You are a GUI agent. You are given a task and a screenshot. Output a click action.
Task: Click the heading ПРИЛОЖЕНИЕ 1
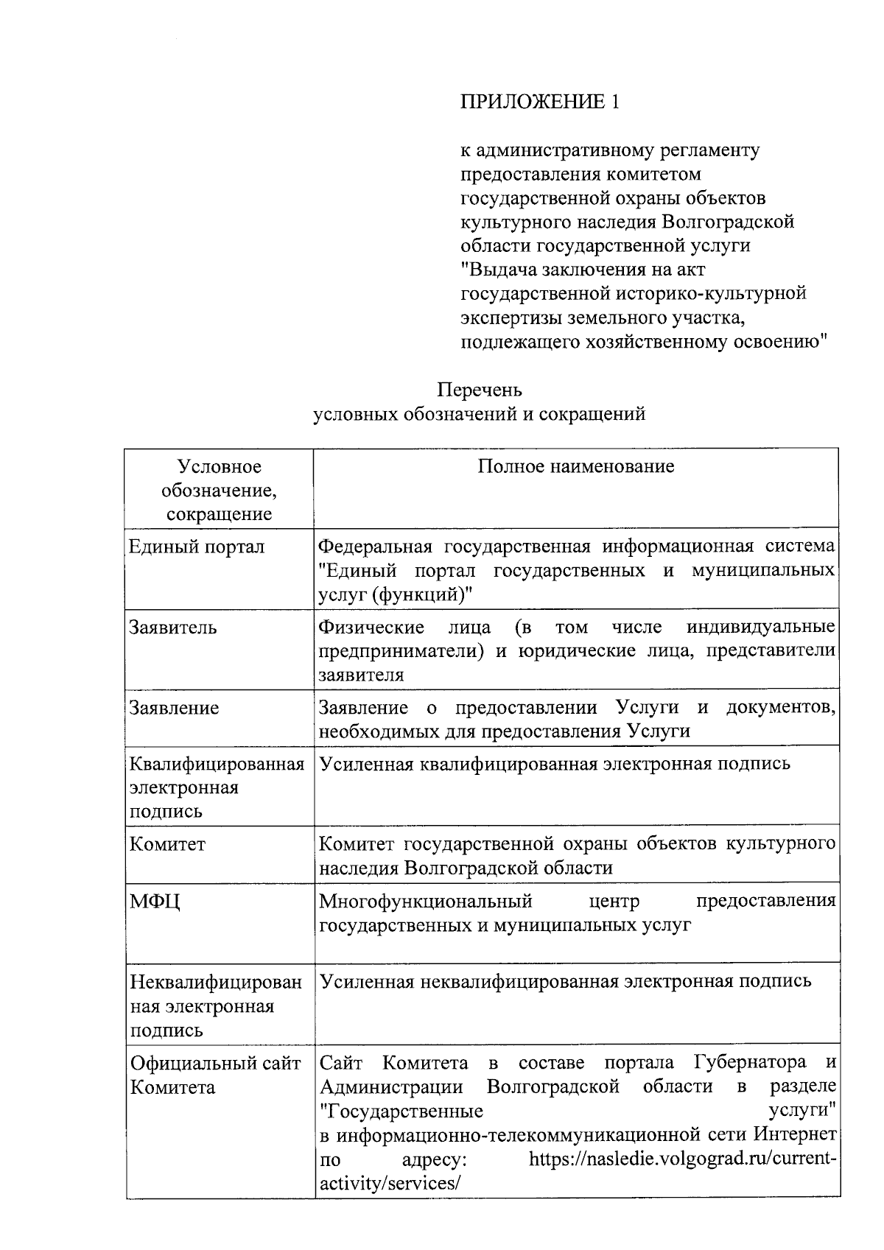(539, 102)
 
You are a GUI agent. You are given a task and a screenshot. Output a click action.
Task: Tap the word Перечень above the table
(480, 389)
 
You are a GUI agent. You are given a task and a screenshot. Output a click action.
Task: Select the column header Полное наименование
(576, 466)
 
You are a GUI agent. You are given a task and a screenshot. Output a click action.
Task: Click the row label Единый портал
(197, 547)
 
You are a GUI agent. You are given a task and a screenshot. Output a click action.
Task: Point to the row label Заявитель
(173, 628)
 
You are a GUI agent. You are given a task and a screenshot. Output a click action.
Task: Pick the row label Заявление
(174, 708)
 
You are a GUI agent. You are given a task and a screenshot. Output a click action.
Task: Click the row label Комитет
(168, 844)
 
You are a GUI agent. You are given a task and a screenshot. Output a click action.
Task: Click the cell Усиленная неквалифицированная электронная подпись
(565, 980)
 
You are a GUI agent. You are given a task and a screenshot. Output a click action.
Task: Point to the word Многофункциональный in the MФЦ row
(425, 901)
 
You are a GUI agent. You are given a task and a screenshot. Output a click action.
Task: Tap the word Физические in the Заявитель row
(371, 627)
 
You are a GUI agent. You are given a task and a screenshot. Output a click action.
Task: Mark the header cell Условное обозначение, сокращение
(219, 490)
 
